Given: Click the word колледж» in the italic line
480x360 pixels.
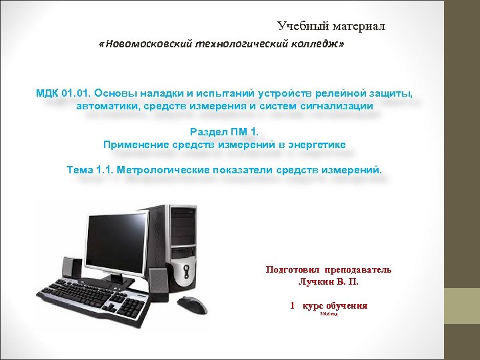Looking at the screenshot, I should click(x=323, y=44).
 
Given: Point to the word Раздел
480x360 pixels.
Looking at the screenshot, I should click(x=208, y=131).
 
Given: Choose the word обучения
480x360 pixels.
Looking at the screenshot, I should click(x=344, y=306).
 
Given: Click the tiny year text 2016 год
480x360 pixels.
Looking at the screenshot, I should click(x=329, y=313).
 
